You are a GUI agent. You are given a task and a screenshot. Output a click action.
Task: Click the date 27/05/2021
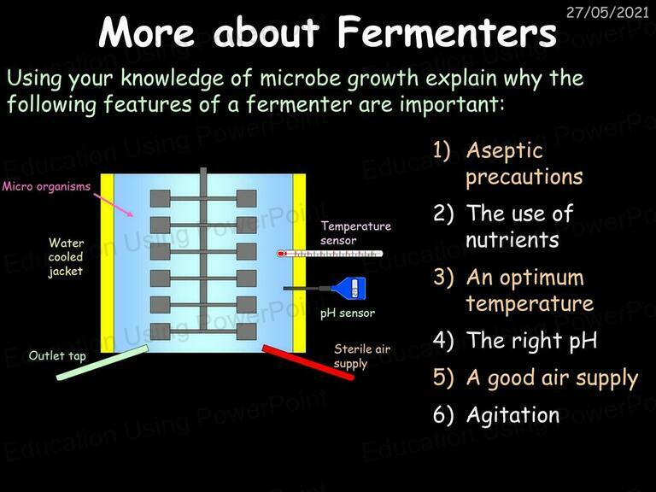click(x=607, y=12)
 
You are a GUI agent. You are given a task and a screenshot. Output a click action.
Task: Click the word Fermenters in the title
click(x=447, y=32)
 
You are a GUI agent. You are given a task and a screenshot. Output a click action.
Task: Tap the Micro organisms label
click(x=46, y=186)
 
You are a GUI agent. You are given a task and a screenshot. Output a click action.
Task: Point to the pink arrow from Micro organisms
click(x=113, y=205)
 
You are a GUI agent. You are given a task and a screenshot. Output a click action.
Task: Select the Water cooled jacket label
click(x=66, y=257)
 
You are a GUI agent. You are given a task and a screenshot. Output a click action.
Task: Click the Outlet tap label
click(x=57, y=356)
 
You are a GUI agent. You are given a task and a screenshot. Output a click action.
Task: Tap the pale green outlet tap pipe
click(x=102, y=362)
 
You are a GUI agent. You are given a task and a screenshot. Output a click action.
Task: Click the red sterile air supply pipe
click(x=308, y=362)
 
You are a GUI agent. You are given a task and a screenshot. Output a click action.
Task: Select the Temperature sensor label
click(x=355, y=233)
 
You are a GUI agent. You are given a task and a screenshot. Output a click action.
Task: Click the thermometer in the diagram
click(x=330, y=254)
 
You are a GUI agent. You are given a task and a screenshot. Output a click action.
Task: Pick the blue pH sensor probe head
click(x=348, y=288)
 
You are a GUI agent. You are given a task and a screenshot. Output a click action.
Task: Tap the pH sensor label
click(x=348, y=313)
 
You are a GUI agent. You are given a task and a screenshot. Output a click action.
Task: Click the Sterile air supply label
click(x=362, y=356)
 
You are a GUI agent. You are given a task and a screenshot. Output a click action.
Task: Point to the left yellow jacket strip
click(x=108, y=263)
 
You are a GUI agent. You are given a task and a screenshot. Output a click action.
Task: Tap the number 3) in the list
click(x=443, y=278)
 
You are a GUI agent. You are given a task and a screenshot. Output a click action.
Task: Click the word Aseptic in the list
click(x=505, y=151)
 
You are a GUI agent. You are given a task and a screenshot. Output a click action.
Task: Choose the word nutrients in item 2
click(x=512, y=240)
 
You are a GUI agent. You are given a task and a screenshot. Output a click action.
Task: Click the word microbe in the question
click(x=299, y=79)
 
